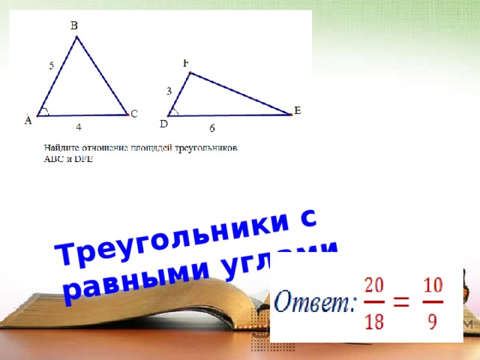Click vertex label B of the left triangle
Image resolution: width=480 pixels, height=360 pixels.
(x=74, y=25)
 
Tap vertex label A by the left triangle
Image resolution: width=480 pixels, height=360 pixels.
(x=28, y=119)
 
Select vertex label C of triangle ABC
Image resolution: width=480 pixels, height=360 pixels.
(x=134, y=114)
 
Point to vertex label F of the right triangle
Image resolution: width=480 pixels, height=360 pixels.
(x=185, y=63)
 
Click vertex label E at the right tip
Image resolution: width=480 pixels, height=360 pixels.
(x=298, y=110)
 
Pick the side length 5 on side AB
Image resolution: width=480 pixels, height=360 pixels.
(x=51, y=66)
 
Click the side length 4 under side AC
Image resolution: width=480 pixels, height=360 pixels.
(x=78, y=128)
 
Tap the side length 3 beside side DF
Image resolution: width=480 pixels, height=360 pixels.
(x=169, y=91)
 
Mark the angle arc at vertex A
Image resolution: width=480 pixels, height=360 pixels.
(x=46, y=112)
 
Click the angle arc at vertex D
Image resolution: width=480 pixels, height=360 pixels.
(x=174, y=112)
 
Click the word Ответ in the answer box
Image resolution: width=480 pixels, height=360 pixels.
(x=314, y=302)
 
